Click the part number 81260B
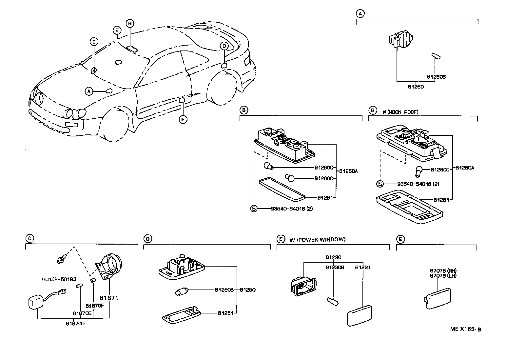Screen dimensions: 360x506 coord(436,77)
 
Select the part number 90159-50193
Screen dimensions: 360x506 coord(59,279)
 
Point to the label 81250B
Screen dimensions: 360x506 coord(224,290)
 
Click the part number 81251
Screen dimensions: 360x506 coord(225,313)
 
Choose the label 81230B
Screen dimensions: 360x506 coord(335,268)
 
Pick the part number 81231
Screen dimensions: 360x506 coord(363,268)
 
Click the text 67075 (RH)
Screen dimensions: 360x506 coord(443,271)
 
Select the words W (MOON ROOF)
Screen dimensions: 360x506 coord(400,112)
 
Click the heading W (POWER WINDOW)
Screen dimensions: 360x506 coord(317,239)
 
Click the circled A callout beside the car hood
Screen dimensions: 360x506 coord(88,91)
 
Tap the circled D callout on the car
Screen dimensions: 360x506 coord(224,46)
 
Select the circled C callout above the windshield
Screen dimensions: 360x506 coord(94,42)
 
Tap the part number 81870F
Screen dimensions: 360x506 coord(95,305)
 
